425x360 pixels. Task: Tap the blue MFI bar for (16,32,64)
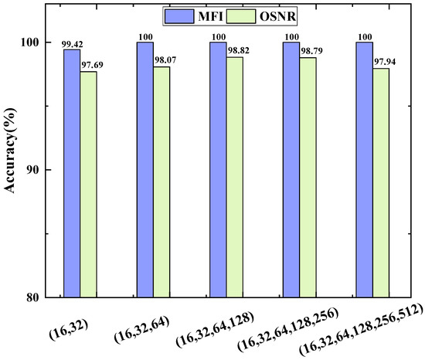pyautogui.click(x=144, y=169)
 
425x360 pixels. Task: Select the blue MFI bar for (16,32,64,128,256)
pyautogui.click(x=291, y=169)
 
